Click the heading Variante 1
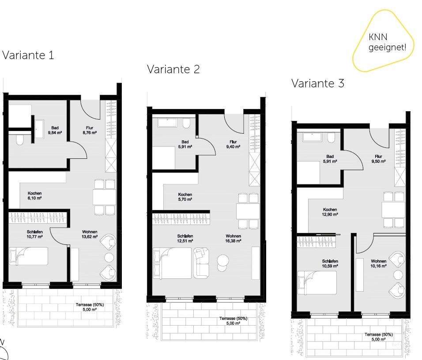28,55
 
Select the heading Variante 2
173,69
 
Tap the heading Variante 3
317,83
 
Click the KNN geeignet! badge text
387,42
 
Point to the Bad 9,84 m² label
55,130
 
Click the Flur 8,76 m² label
90,130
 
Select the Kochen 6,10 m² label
35,195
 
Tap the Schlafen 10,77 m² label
35,234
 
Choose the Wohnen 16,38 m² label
233,238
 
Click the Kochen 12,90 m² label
330,212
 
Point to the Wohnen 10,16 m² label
378,263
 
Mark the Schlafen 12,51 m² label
185,238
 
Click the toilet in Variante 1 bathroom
19,140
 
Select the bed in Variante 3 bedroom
317,282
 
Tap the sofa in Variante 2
201,263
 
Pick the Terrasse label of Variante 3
378,337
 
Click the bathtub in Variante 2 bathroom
167,122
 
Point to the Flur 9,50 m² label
378,159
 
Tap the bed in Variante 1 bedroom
29,256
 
